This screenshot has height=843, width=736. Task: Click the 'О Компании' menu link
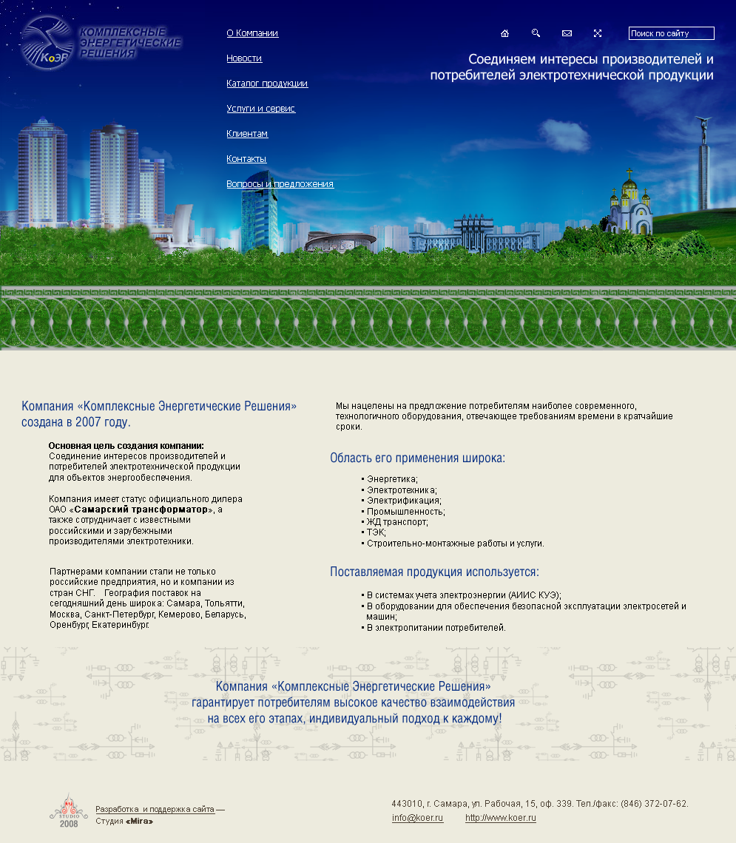pos(252,33)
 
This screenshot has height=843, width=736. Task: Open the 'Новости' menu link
pos(244,58)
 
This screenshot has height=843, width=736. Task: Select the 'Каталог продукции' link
pos(267,84)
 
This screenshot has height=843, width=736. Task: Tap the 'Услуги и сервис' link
pos(260,109)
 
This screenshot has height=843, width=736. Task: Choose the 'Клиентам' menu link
pos(247,134)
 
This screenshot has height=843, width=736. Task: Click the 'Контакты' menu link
pos(246,159)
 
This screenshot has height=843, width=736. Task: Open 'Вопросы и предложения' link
pos(280,184)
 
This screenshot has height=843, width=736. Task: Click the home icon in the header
pos(505,33)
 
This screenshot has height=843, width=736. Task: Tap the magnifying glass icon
pos(536,33)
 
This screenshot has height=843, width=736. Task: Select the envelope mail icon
pos(567,33)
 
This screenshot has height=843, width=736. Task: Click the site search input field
pos(671,33)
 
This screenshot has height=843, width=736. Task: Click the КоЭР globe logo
pos(48,43)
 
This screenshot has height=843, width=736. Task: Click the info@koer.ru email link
pos(417,818)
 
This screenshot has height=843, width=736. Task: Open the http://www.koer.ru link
pos(500,818)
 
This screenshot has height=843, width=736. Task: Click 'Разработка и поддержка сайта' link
pos(155,810)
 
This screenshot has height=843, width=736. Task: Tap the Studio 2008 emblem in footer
pos(68,812)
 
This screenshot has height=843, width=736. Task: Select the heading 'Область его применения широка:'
pos(417,458)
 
